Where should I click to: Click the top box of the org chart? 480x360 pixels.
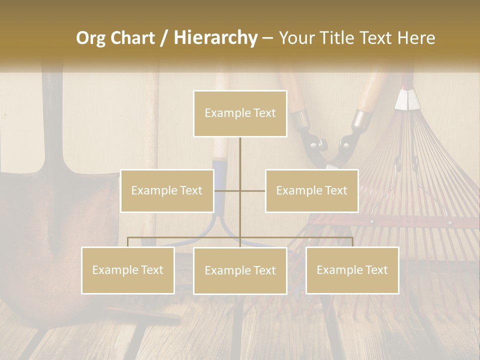point(240,113)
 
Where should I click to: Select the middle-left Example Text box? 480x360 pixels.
point(167,190)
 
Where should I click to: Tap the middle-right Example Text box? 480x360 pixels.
point(311,190)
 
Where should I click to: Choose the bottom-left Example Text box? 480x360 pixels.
point(128,270)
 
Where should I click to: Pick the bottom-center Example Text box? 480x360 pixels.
point(240,270)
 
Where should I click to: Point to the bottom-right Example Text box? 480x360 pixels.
point(352,270)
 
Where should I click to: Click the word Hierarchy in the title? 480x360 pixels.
point(215,38)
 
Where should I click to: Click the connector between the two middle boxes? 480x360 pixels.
point(240,190)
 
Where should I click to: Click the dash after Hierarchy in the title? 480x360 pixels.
point(267,38)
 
